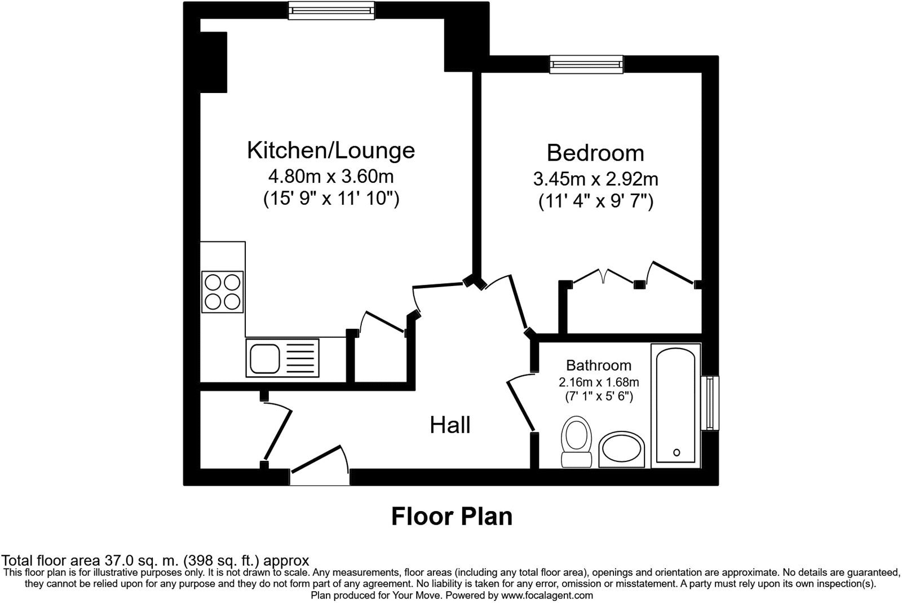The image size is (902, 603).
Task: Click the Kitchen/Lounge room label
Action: [331, 151]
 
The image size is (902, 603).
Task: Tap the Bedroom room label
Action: [595, 153]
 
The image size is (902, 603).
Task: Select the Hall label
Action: [450, 425]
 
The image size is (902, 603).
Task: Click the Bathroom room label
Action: [599, 365]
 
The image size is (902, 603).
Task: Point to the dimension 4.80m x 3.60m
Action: [331, 177]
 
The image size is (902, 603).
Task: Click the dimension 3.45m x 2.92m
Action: [595, 179]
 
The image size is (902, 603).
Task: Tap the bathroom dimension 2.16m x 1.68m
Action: [599, 382]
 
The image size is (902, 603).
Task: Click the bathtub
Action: [676, 404]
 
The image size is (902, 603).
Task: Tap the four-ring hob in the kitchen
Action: [222, 292]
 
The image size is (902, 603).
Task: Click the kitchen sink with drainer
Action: [282, 358]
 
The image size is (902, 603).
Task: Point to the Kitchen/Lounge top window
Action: [331, 10]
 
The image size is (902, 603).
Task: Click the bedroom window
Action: [586, 64]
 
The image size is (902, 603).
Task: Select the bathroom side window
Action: [710, 403]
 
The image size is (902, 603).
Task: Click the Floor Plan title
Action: [452, 516]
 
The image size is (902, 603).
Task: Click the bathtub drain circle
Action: [676, 452]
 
